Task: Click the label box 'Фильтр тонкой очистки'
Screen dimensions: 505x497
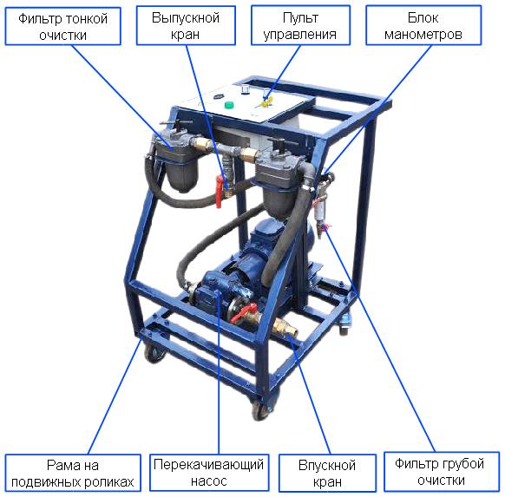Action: click(62, 26)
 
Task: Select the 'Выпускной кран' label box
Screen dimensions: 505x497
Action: click(186, 25)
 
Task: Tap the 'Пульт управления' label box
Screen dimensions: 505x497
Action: click(300, 25)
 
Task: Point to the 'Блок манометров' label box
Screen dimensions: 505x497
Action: click(423, 25)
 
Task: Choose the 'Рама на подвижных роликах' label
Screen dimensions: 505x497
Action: click(73, 473)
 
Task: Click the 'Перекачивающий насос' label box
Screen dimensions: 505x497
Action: click(209, 472)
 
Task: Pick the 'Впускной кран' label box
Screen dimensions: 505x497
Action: click(327, 473)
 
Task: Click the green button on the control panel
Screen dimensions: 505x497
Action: click(229, 105)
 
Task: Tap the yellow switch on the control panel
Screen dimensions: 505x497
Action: click(266, 101)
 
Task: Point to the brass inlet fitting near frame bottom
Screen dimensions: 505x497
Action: click(285, 328)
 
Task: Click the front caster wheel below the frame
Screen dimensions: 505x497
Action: click(261, 409)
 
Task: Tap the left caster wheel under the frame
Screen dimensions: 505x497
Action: click(154, 353)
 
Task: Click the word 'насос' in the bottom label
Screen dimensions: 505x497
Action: click(209, 481)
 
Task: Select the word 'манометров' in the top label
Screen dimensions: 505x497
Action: click(423, 34)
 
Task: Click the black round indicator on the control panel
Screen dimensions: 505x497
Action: click(218, 96)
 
